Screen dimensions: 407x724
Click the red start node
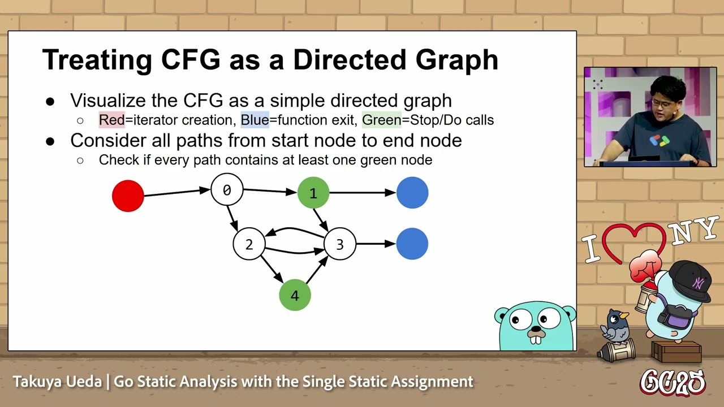tap(128, 196)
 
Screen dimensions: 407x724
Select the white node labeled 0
tap(227, 190)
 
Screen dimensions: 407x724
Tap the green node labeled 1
tap(313, 193)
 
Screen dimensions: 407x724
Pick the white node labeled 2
tap(249, 244)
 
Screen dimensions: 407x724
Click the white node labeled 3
tap(339, 244)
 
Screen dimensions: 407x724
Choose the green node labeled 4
tap(295, 295)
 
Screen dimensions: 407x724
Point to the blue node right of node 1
tap(412, 193)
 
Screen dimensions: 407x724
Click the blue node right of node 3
tap(412, 244)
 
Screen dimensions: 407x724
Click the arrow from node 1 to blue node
tap(362, 193)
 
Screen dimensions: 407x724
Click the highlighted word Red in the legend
tap(111, 120)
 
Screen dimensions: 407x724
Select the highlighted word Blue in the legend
tap(255, 120)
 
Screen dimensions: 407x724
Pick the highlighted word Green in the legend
tap(381, 120)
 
